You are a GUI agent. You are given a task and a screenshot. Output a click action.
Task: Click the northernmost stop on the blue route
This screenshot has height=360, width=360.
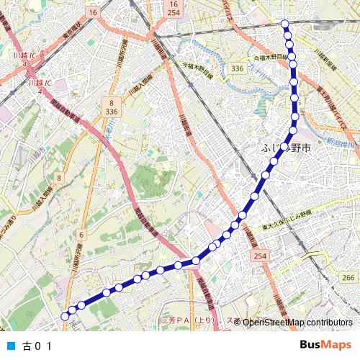286,24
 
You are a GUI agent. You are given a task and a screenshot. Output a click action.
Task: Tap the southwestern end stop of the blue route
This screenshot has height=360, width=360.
65,315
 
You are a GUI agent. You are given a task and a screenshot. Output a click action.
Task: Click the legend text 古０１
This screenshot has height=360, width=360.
38,345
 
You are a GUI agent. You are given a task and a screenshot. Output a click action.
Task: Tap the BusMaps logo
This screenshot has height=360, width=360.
325,344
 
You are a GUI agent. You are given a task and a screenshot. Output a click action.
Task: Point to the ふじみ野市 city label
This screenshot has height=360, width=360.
285,148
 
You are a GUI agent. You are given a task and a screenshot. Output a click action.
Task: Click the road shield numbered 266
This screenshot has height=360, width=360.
348,279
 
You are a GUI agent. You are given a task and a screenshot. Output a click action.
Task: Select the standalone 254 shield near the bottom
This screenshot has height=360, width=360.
259,256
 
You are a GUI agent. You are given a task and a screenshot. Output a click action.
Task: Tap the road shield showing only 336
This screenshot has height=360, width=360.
237,68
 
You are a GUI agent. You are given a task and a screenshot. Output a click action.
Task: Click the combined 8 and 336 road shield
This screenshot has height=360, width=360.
110,108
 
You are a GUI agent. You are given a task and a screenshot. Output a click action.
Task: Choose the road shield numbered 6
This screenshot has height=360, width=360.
81,235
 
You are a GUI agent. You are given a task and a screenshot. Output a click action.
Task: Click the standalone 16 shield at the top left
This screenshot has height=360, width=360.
93,13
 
